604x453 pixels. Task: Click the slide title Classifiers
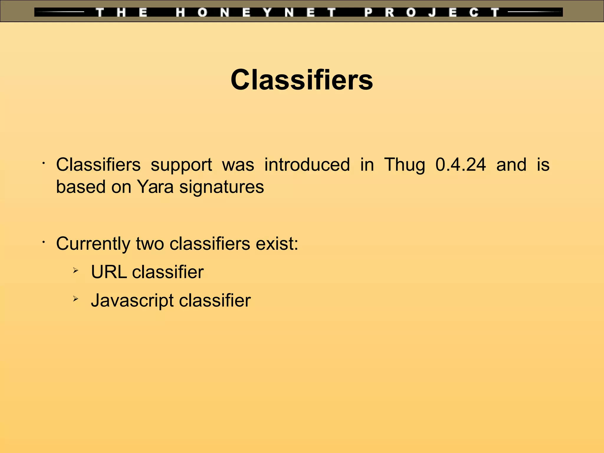point(302,80)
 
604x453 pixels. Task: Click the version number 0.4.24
point(460,165)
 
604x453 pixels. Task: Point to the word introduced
point(307,165)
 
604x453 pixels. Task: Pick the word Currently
point(93,244)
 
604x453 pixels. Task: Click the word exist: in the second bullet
point(277,244)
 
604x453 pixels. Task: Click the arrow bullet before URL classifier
point(76,270)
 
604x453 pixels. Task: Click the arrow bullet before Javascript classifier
point(76,299)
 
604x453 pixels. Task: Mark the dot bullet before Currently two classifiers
point(43,242)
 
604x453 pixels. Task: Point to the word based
point(81,187)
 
